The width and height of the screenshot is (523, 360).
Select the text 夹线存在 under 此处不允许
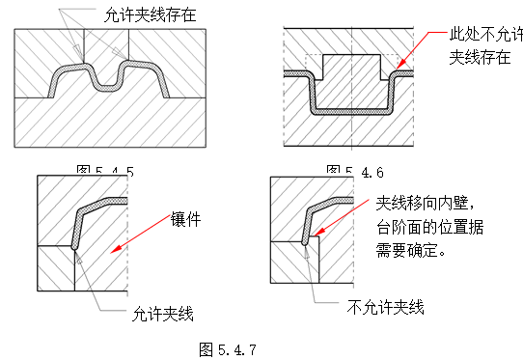[480, 57]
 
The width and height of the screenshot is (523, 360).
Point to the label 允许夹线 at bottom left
[162, 314]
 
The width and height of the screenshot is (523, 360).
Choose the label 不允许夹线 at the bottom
[385, 308]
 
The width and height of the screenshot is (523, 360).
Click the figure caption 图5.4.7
[228, 346]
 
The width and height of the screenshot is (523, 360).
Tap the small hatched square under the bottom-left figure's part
[56, 268]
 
